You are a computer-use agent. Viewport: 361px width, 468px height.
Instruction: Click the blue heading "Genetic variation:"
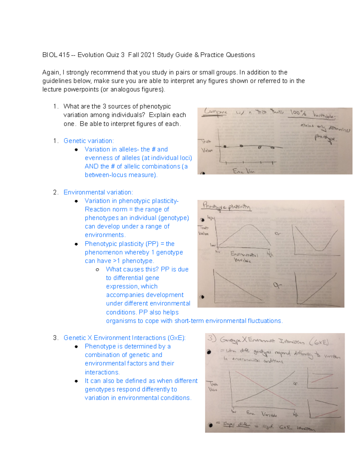tap(88, 141)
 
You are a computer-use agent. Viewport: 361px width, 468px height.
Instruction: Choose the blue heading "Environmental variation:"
tap(98, 192)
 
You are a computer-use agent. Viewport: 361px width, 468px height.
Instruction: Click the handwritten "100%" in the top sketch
tap(298, 113)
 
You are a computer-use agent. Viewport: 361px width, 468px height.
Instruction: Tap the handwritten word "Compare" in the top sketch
tap(216, 112)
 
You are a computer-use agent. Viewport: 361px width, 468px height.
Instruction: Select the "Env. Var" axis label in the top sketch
tap(243, 171)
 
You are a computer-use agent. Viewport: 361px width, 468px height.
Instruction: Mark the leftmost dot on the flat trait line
tap(225, 146)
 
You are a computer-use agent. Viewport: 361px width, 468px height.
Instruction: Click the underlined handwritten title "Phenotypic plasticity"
tap(226, 206)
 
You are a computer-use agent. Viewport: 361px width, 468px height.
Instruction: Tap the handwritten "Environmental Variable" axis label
tap(244, 256)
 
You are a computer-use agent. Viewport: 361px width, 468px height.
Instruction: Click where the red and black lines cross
tap(267, 389)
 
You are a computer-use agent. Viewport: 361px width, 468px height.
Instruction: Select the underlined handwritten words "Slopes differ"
tap(236, 424)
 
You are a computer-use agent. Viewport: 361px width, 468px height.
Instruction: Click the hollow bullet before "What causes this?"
tap(97, 270)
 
